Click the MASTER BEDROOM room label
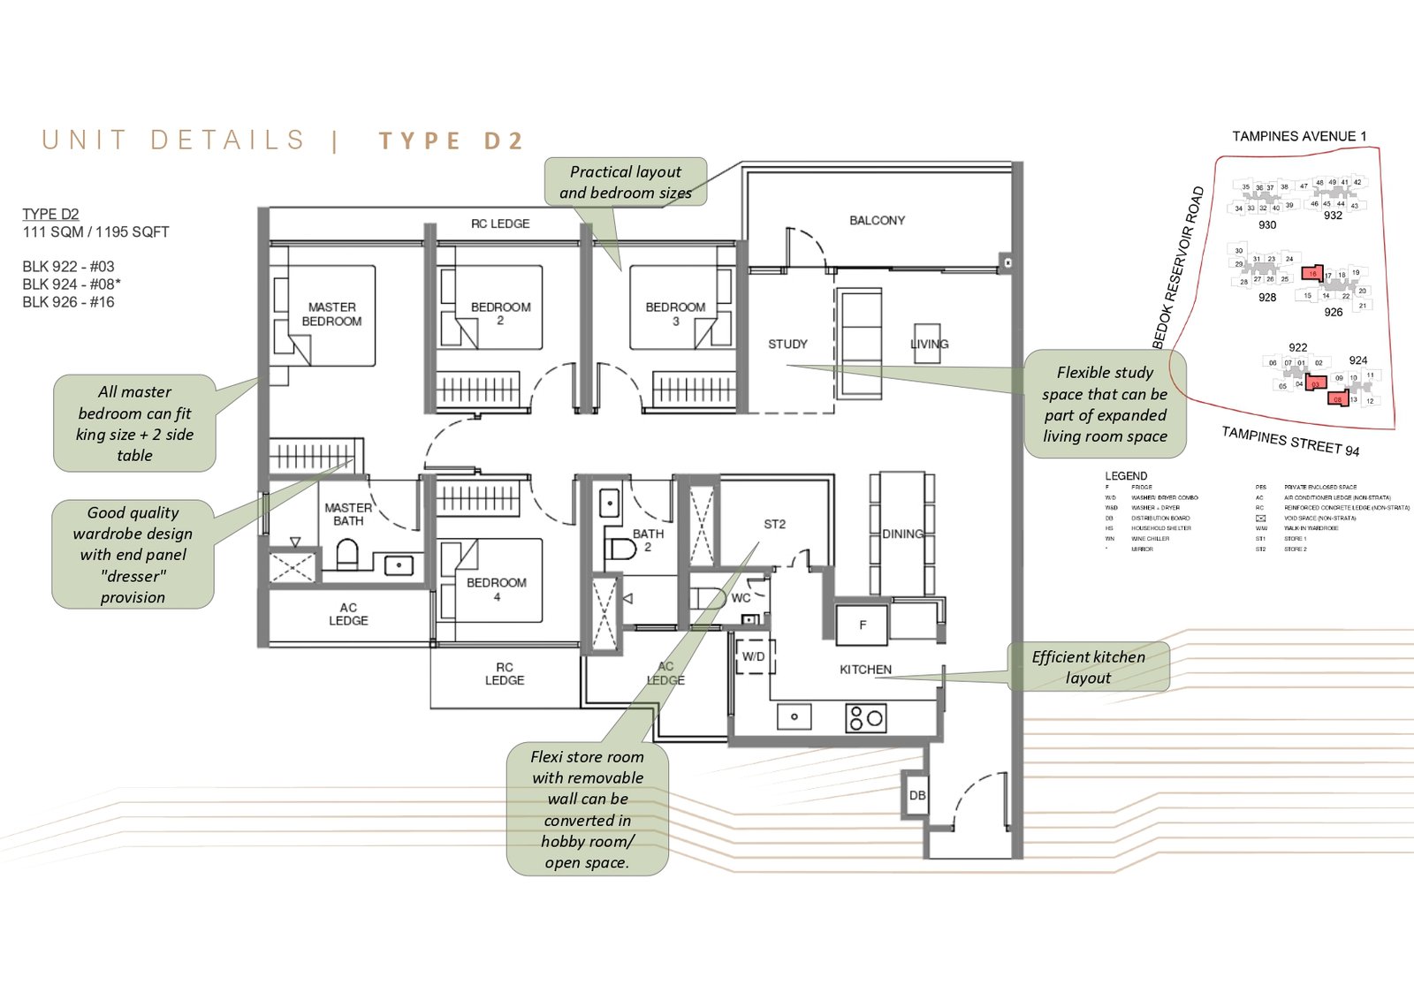click(x=331, y=314)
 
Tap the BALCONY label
click(x=877, y=220)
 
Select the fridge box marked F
click(x=863, y=625)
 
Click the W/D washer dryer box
click(x=753, y=656)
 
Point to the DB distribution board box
click(x=917, y=795)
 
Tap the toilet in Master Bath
click(x=348, y=555)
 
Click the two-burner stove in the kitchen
click(x=865, y=717)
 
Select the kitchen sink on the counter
click(x=794, y=716)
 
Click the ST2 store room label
click(x=774, y=524)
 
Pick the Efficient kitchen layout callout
click(x=1088, y=667)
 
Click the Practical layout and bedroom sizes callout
click(x=625, y=182)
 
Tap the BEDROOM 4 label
click(x=496, y=589)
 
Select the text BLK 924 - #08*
click(x=72, y=284)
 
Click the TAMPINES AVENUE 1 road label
click(x=1299, y=136)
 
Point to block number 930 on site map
click(x=1266, y=225)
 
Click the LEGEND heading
click(x=1125, y=475)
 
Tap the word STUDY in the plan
click(x=787, y=345)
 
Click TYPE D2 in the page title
click(x=452, y=141)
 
